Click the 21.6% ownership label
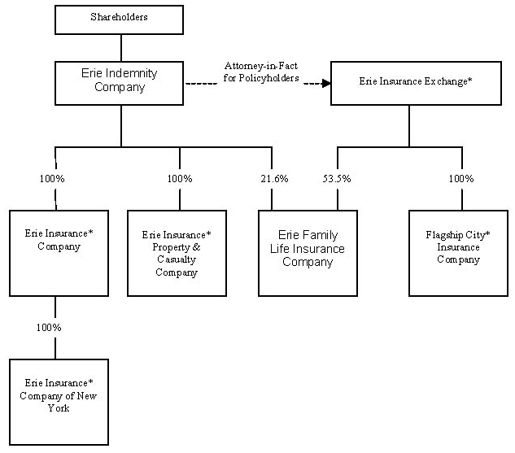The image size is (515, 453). pyautogui.click(x=274, y=179)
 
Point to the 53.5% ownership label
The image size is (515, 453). pyautogui.click(x=337, y=179)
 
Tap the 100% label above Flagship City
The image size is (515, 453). pyautogui.click(x=461, y=179)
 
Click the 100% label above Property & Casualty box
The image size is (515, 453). pyautogui.click(x=180, y=179)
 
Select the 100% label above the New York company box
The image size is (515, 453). pyautogui.click(x=49, y=327)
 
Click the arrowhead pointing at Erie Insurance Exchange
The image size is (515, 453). pyautogui.click(x=326, y=84)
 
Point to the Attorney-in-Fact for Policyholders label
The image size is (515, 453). pyautogui.click(x=261, y=72)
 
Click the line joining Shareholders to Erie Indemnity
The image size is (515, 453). pyautogui.click(x=121, y=48)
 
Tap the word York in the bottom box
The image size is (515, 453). pyautogui.click(x=59, y=408)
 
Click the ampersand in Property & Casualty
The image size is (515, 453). pyautogui.click(x=196, y=247)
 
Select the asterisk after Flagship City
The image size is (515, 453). pyautogui.click(x=487, y=233)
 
